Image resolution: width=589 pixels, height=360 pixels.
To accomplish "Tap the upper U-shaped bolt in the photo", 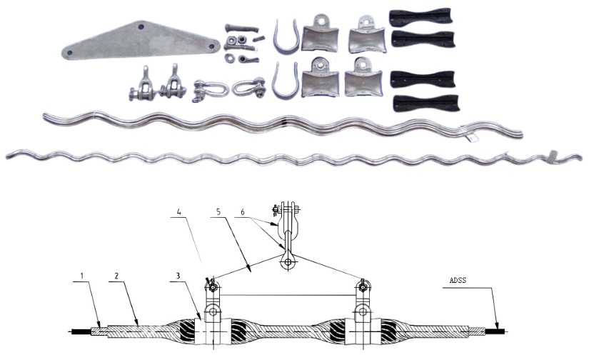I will click(x=284, y=39).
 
